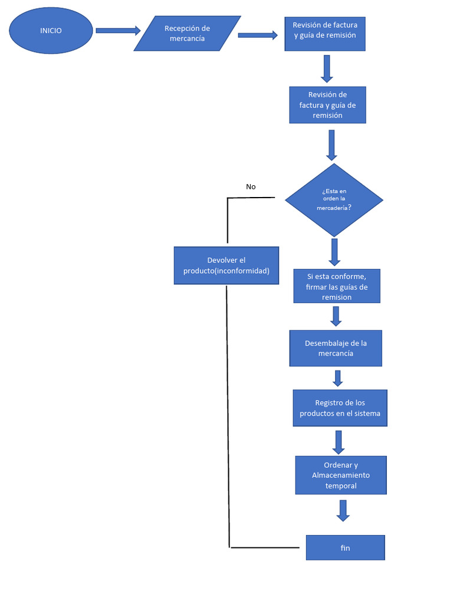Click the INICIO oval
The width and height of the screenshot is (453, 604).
[51, 31]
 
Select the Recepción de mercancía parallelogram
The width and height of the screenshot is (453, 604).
[187, 34]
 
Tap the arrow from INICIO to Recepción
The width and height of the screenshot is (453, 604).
[118, 31]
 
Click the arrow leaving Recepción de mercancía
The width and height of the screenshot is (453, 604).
[258, 35]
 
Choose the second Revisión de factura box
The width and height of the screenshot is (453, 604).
[327, 105]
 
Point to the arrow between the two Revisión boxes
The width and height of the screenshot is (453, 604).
[327, 69]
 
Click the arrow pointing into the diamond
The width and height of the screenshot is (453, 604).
[331, 145]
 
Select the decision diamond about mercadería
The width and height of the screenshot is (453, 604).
[334, 200]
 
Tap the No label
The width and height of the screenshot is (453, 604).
[251, 187]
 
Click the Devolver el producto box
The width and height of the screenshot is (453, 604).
[226, 265]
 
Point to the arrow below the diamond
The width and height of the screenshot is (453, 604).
[334, 252]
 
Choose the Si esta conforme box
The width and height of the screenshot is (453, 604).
[337, 287]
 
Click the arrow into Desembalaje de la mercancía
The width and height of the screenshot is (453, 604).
[336, 316]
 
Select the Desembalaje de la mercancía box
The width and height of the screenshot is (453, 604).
[335, 348]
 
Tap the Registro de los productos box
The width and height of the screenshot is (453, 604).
[340, 408]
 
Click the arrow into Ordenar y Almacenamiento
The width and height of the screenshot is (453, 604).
[339, 442]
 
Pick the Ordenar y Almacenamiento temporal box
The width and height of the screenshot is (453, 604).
[341, 475]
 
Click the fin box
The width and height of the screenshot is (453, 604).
[345, 548]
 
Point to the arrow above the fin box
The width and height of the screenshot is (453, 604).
[343, 511]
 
